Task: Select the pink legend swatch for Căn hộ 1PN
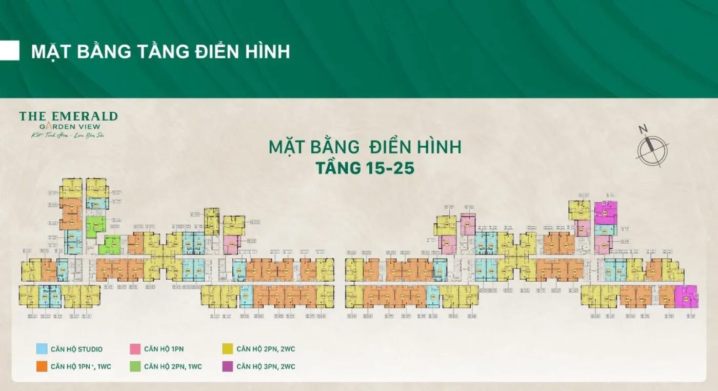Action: (x=135, y=349)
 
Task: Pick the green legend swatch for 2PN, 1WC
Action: (x=135, y=366)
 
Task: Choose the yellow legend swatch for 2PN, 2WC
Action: (x=228, y=349)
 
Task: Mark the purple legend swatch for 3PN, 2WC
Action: (x=228, y=366)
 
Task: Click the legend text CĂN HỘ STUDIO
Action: (x=76, y=349)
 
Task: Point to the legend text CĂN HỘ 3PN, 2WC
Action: (x=266, y=366)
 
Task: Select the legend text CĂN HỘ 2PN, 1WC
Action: (x=173, y=366)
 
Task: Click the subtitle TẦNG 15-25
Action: (x=365, y=168)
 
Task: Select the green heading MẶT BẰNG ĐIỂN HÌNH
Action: (x=365, y=147)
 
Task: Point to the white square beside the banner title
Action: (x=10, y=51)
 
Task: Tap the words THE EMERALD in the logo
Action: (x=68, y=116)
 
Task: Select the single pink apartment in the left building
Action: (x=231, y=244)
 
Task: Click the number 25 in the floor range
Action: (x=403, y=168)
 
